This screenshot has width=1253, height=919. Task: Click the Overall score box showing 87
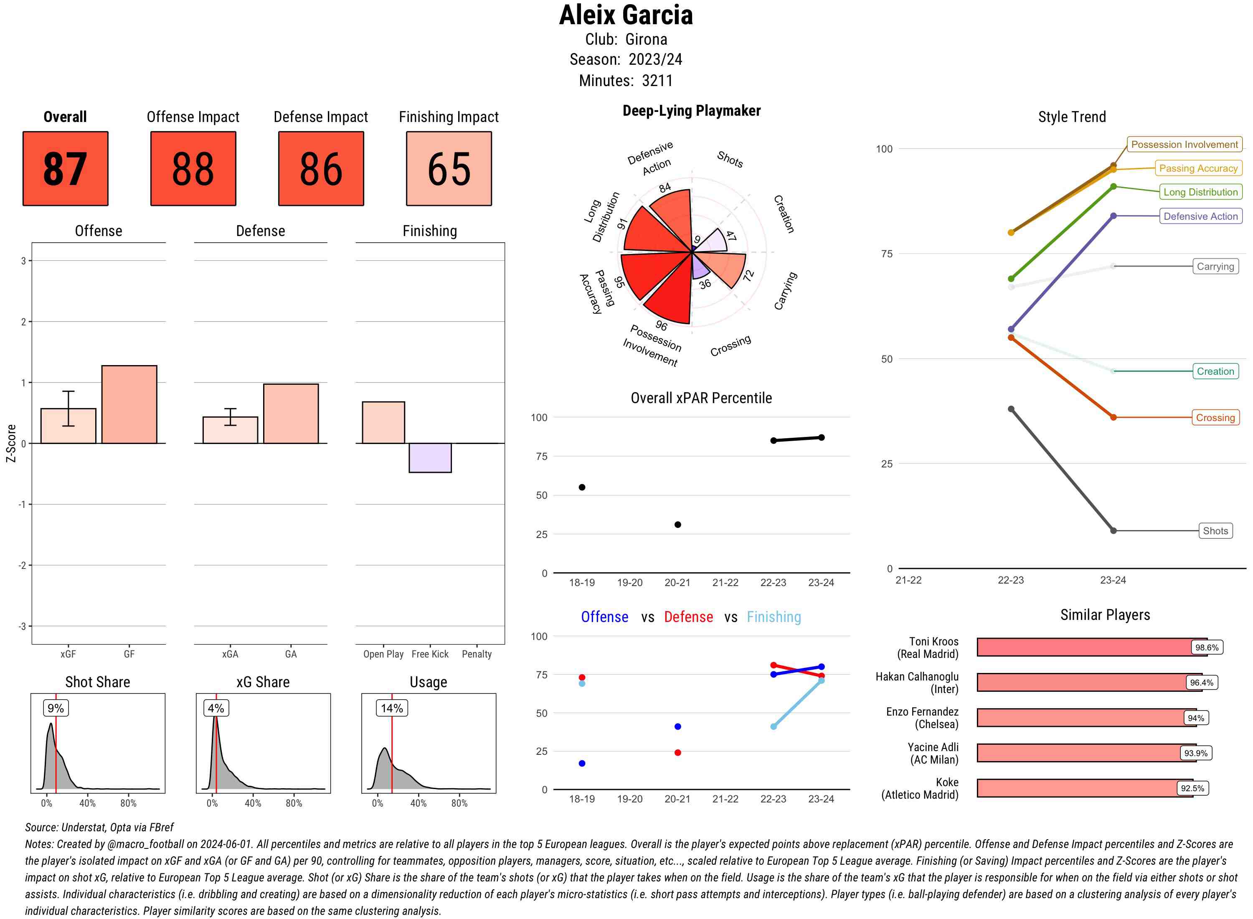tap(65, 169)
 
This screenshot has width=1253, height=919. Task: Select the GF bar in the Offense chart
tap(129, 404)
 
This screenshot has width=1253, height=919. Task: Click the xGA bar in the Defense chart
tap(230, 430)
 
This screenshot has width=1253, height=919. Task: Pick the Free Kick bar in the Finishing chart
tap(430, 458)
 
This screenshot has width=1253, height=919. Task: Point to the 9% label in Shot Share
tap(56, 708)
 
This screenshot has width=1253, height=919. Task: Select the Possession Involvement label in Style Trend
tap(1184, 145)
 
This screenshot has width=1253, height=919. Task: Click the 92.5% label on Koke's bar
tap(1192, 788)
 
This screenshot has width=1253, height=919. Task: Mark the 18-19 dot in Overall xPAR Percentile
tap(582, 487)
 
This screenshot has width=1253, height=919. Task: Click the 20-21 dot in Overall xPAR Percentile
tap(677, 525)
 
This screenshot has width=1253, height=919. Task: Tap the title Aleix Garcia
tap(626, 15)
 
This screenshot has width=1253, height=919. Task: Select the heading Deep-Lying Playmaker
tap(691, 111)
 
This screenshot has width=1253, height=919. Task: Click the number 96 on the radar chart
tap(661, 325)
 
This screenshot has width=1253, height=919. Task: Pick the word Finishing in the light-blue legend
tap(774, 617)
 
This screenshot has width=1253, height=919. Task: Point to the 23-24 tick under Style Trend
tap(1112, 580)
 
